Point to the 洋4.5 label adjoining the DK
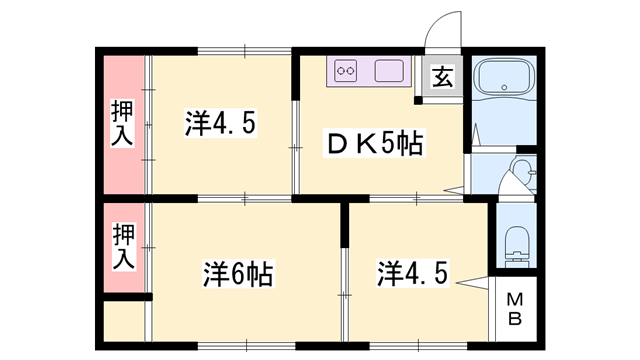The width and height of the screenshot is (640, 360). [222, 123]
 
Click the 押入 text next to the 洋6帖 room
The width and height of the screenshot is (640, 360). [122, 245]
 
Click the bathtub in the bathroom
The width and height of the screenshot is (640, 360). [506, 84]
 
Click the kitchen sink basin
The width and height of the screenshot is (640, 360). [390, 72]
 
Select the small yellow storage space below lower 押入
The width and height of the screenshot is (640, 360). [124, 322]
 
